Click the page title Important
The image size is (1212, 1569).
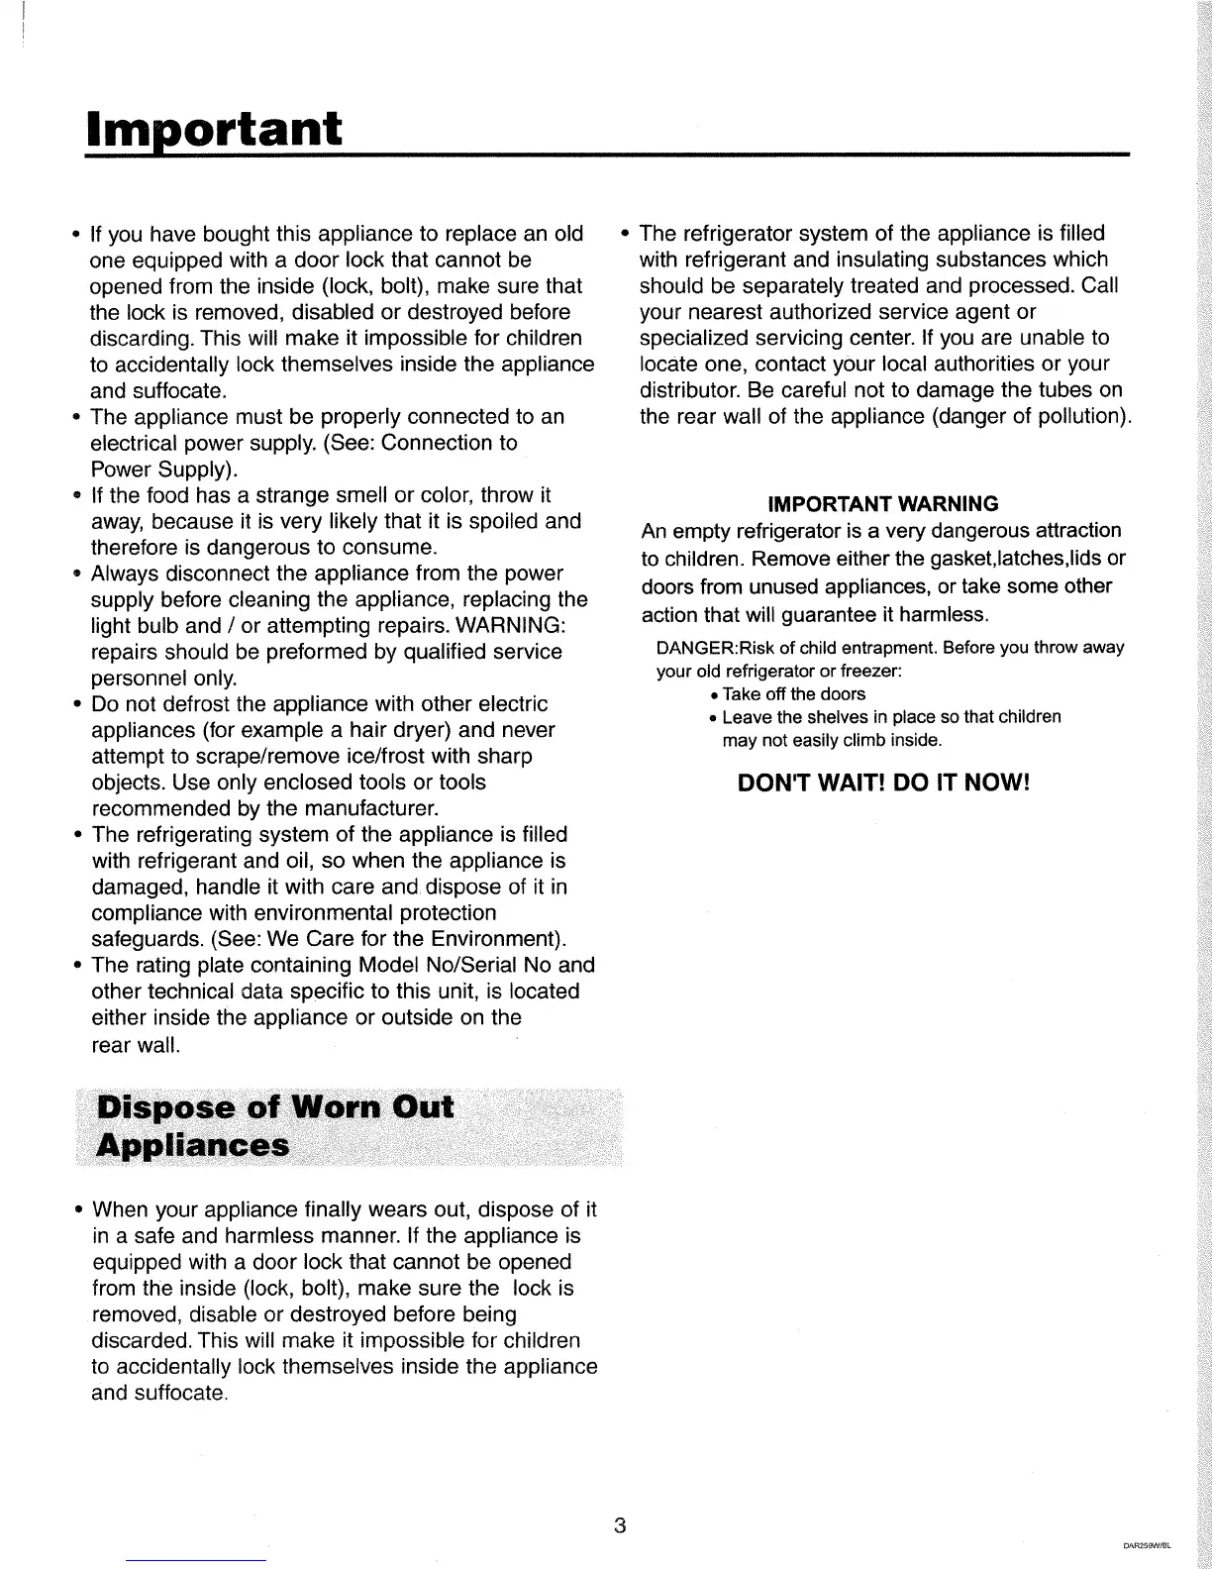pos(214,128)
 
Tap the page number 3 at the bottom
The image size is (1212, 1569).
pos(619,1524)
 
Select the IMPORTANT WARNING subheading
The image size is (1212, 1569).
pos(883,503)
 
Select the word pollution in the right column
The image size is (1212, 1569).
pos(1074,416)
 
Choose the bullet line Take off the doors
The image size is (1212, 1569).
pos(793,694)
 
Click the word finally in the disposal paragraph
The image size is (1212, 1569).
pos(345,1209)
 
